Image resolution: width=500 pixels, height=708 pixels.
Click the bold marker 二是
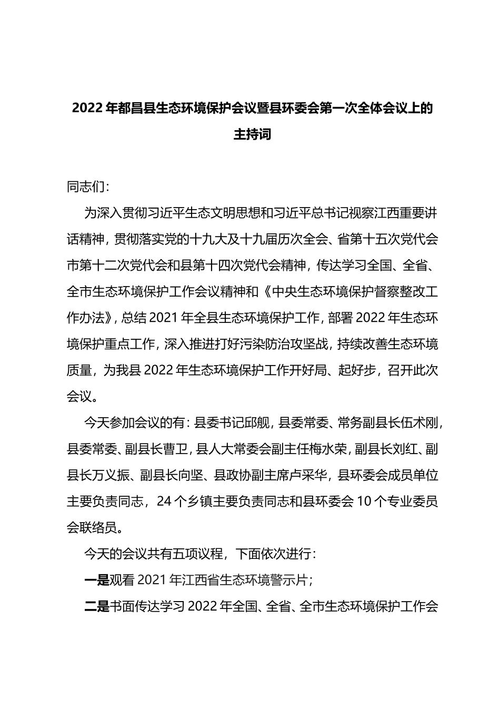96,606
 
